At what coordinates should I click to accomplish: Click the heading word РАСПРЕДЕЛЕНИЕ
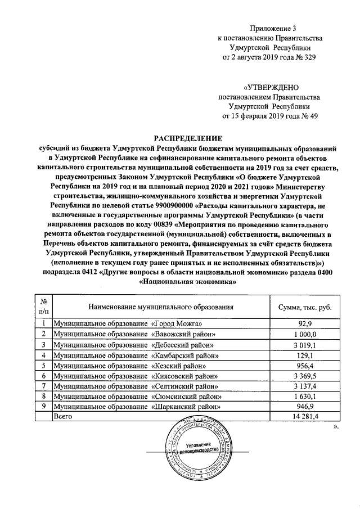point(185,138)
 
